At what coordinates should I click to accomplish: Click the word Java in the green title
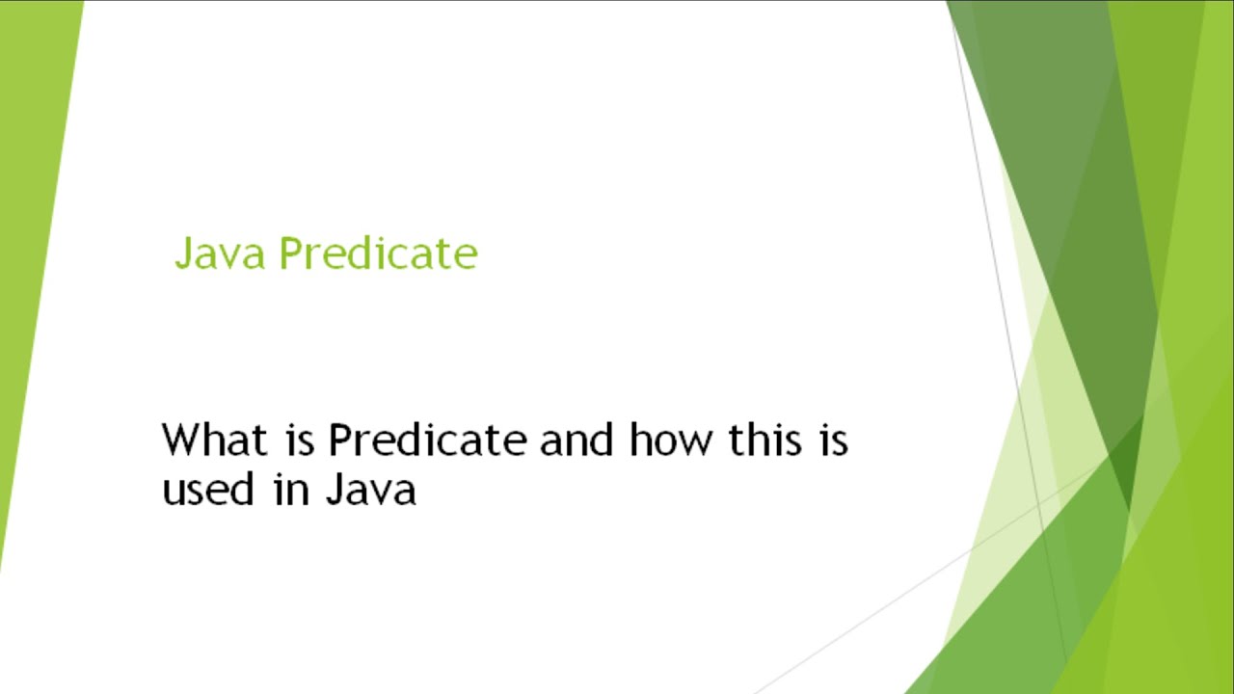pyautogui.click(x=220, y=254)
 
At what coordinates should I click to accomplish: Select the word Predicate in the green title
pyautogui.click(x=379, y=254)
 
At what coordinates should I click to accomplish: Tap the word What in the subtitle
pyautogui.click(x=214, y=440)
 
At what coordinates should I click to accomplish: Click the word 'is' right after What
pyautogui.click(x=300, y=440)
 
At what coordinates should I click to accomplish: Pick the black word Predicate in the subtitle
pyautogui.click(x=427, y=440)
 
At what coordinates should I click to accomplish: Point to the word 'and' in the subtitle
pyautogui.click(x=577, y=440)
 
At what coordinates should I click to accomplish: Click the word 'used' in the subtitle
pyautogui.click(x=207, y=489)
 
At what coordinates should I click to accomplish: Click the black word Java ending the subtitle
pyautogui.click(x=370, y=489)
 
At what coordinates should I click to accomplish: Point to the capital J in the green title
pyautogui.click(x=183, y=254)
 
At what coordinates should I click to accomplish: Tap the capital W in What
pyautogui.click(x=183, y=440)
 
